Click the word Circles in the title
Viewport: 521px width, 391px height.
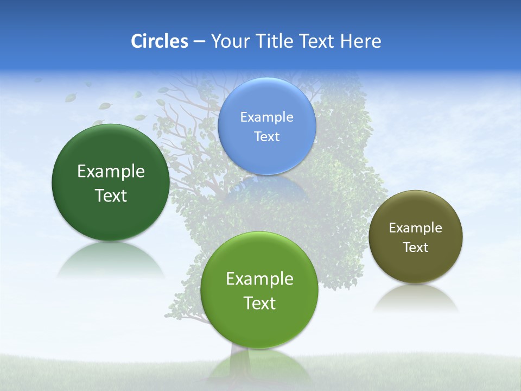[160, 41]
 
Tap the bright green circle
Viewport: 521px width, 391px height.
[259, 326]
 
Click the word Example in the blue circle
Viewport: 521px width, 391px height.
[267, 117]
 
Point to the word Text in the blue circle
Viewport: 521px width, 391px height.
[267, 137]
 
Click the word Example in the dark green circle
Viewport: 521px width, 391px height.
[111, 172]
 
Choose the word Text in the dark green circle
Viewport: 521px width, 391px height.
[111, 195]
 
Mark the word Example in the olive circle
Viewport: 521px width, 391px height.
[416, 228]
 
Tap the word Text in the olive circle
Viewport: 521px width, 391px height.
[416, 248]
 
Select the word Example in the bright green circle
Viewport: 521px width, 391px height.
[259, 279]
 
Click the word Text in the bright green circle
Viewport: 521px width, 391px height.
[259, 303]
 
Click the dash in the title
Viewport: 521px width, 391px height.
[199, 42]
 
